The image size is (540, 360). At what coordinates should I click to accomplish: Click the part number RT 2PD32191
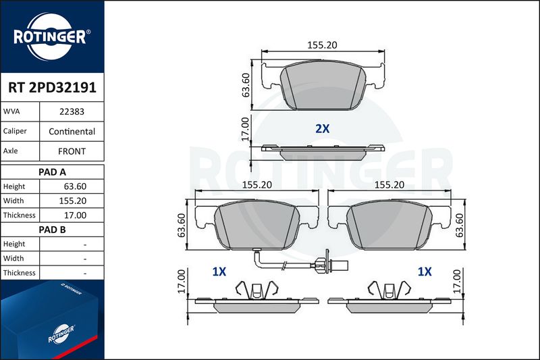[x=52, y=88]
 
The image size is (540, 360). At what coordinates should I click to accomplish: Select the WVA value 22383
[x=72, y=111]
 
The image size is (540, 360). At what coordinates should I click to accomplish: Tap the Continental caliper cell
[x=72, y=131]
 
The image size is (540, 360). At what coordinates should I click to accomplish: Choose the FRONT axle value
[x=72, y=151]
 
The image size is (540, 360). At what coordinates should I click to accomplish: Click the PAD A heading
[x=52, y=172]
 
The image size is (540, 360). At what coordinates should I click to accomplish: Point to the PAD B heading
[x=52, y=230]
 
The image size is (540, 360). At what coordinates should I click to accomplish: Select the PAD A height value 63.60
[x=75, y=186]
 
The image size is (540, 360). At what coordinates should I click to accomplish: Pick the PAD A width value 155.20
[x=73, y=201]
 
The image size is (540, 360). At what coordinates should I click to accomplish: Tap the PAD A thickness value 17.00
[x=75, y=215]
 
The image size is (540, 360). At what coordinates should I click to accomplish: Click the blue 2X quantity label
[x=323, y=128]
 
